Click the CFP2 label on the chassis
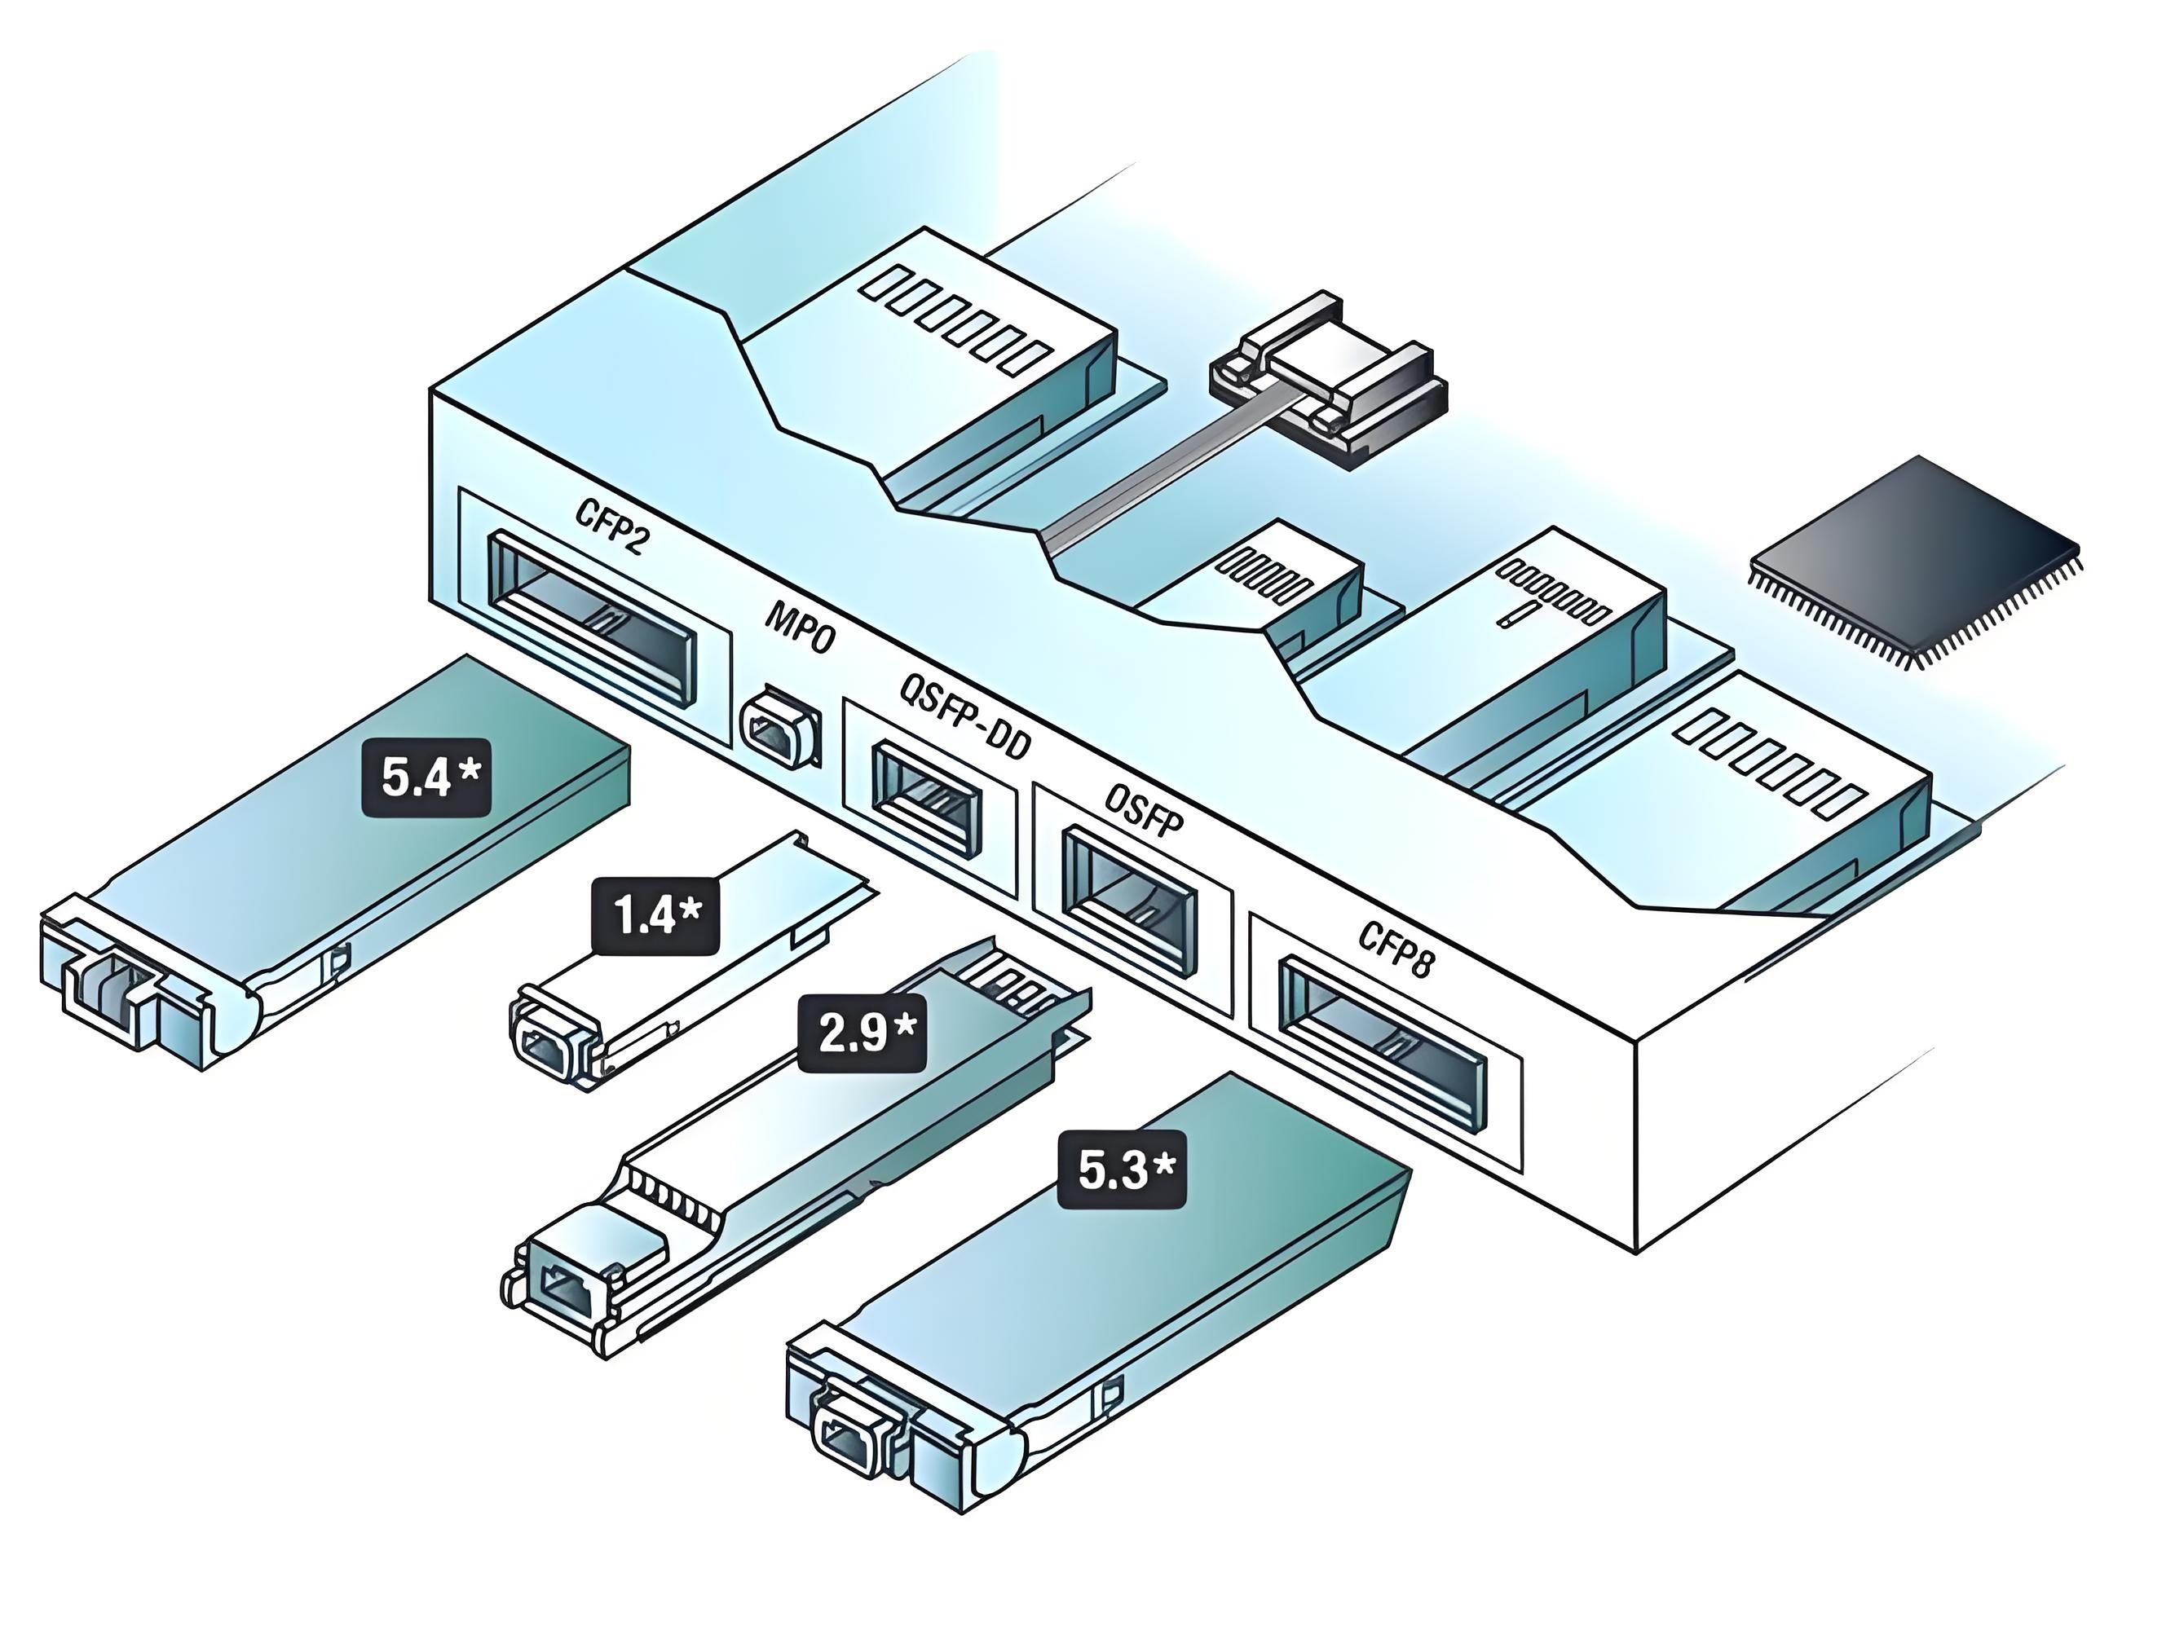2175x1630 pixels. pos(611,528)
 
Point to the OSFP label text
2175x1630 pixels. pos(1144,808)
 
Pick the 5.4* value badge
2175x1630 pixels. pos(426,778)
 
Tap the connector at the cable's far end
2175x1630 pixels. pos(1327,378)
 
